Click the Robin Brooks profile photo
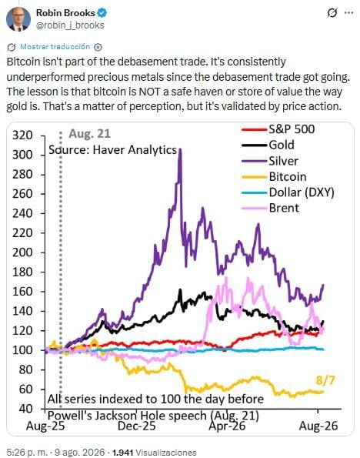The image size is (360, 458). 18,19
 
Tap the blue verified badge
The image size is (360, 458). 102,13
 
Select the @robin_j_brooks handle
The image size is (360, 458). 70,25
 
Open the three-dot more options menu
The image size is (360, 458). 349,13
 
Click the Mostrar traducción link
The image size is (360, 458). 55,47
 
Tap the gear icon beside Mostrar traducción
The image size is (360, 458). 98,47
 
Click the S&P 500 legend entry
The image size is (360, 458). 278,129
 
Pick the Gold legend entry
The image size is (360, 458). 268,145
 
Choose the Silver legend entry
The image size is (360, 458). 270,161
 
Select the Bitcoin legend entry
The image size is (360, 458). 274,177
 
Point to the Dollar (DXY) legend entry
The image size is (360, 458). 288,192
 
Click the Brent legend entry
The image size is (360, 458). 271,209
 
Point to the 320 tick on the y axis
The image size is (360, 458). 22,135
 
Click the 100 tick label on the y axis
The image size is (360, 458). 22,350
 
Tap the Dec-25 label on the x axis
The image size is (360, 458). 137,426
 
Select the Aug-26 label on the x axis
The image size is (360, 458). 318,426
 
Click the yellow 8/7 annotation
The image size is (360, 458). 325,380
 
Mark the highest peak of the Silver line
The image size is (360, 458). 180,149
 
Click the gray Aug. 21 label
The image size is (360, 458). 90,134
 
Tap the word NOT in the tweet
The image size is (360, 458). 149,92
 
